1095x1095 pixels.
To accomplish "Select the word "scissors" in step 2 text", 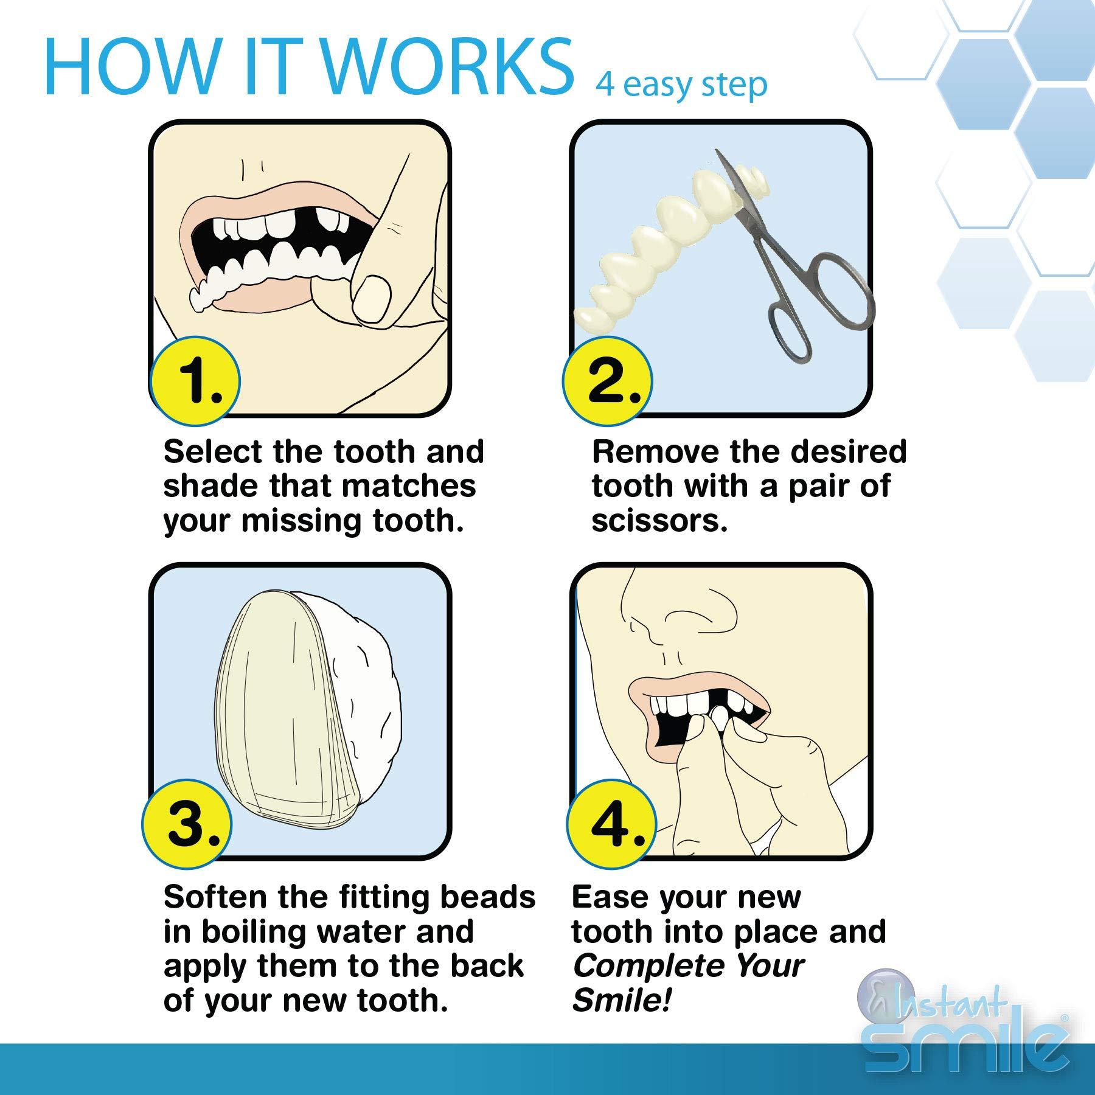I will pos(659,521).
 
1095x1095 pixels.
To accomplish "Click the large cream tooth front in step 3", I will pos(286,712).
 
